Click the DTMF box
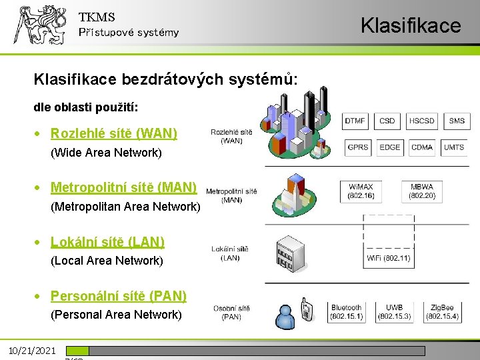click(355, 121)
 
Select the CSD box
click(387, 121)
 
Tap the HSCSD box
click(422, 121)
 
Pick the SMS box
click(457, 121)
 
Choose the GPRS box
click(358, 147)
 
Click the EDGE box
click(390, 147)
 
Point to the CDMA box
click(422, 147)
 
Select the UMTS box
click(454, 147)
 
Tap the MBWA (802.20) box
click(422, 192)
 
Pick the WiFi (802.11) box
click(389, 258)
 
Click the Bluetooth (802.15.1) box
click(347, 312)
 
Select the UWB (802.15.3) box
click(395, 312)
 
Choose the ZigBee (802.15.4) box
click(443, 312)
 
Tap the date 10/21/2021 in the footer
click(32, 351)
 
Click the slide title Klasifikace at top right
click(411, 25)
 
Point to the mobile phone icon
click(307, 308)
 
